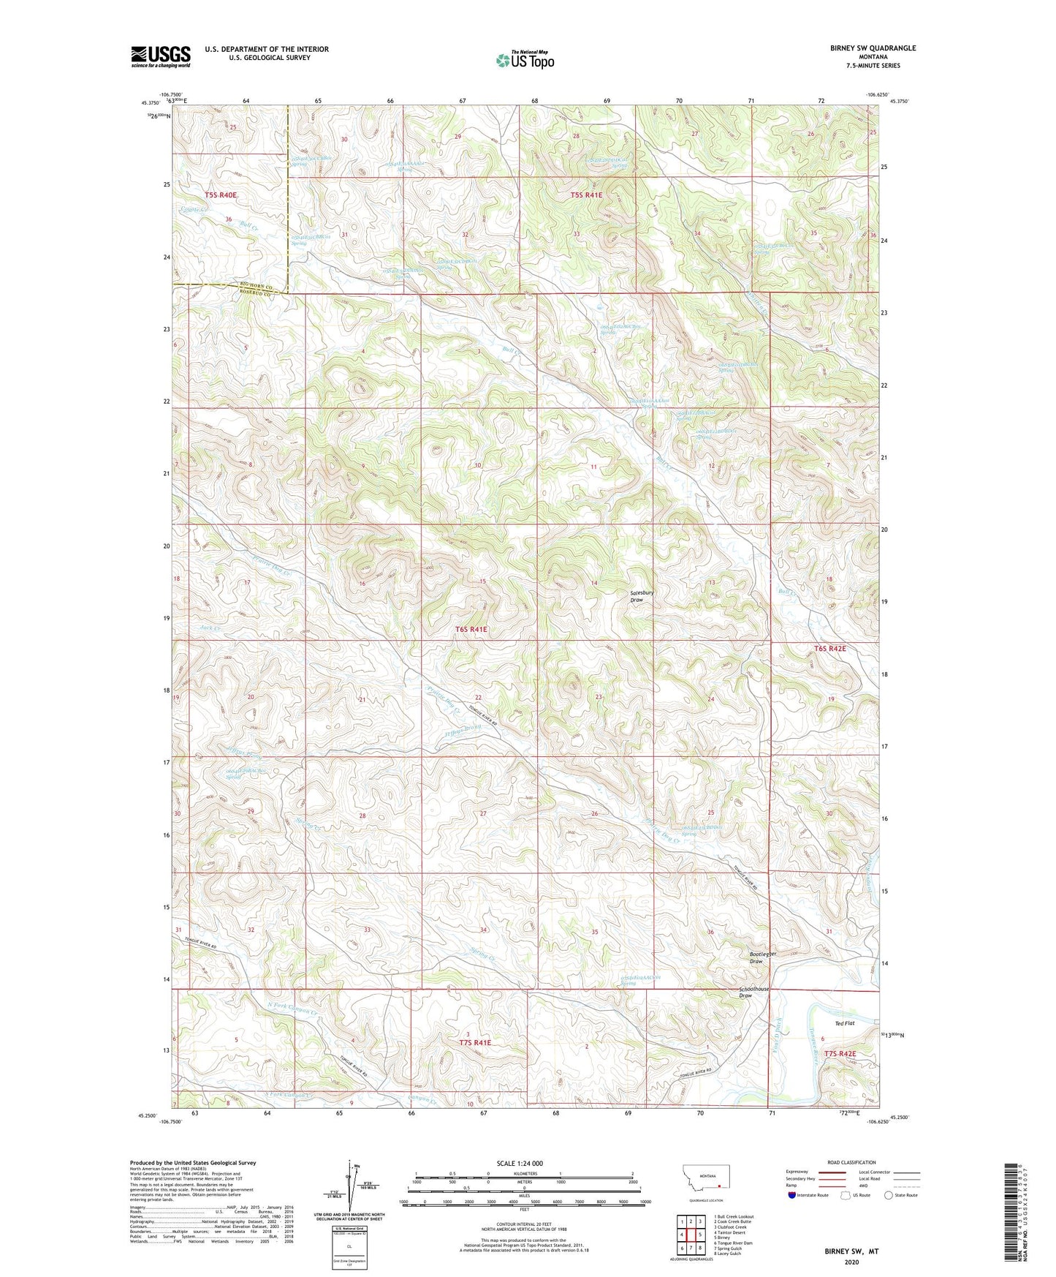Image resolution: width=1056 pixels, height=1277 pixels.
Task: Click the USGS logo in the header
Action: pyautogui.click(x=161, y=56)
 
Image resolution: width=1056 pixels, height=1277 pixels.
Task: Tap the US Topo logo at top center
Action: pyautogui.click(x=525, y=60)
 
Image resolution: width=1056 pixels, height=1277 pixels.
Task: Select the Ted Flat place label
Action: pyautogui.click(x=844, y=1023)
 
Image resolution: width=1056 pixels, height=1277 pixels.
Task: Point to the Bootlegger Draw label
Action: pyautogui.click(x=763, y=957)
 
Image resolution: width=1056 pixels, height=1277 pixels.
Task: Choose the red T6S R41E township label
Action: pyautogui.click(x=471, y=629)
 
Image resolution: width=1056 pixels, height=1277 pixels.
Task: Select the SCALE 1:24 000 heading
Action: pyautogui.click(x=520, y=1163)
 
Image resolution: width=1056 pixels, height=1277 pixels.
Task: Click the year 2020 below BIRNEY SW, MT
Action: pyautogui.click(x=851, y=1262)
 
